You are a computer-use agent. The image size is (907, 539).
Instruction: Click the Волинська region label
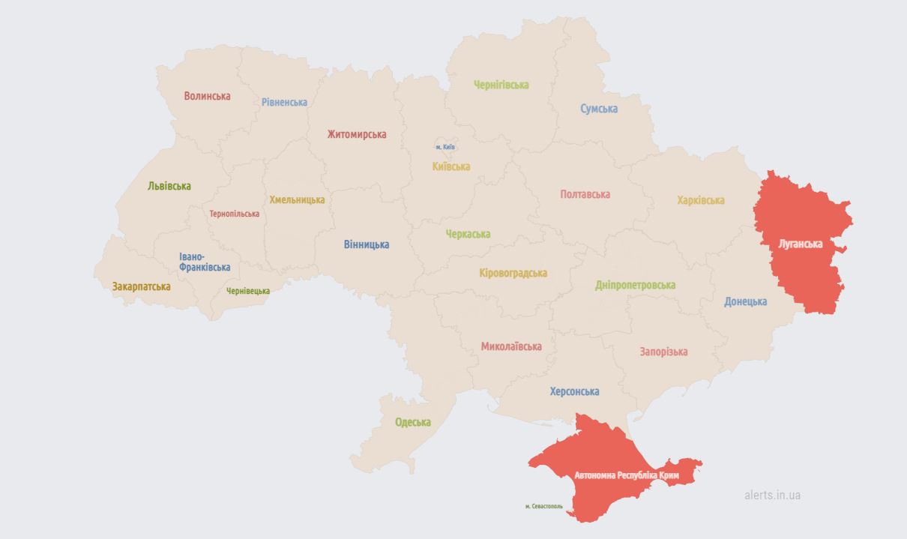tap(207, 96)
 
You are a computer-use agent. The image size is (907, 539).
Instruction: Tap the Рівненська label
tap(284, 102)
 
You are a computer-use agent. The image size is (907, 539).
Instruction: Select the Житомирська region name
tap(357, 134)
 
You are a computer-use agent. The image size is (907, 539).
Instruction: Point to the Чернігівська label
tap(501, 85)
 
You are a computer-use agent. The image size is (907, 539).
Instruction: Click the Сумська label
tap(599, 109)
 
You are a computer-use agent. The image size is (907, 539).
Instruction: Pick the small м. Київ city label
tap(445, 147)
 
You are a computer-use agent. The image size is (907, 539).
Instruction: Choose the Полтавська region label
tap(585, 194)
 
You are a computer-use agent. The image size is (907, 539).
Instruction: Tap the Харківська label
tap(701, 200)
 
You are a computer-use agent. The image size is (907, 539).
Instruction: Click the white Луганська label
tap(801, 244)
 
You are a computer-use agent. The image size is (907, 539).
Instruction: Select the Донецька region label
tap(745, 301)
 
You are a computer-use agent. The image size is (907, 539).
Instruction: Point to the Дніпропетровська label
tap(635, 285)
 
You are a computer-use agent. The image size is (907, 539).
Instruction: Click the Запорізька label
tap(663, 352)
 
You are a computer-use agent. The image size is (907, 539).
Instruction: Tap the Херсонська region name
tap(574, 391)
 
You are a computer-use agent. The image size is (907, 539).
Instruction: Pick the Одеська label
tap(413, 422)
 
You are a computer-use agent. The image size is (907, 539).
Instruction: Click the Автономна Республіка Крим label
tap(626, 475)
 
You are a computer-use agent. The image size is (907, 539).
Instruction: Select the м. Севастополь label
tap(543, 506)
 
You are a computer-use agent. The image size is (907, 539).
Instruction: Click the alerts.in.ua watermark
tap(772, 495)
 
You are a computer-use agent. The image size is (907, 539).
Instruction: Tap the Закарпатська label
tap(141, 286)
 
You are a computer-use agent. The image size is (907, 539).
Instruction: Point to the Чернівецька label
tap(248, 291)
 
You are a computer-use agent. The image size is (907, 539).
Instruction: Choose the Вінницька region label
tap(367, 244)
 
